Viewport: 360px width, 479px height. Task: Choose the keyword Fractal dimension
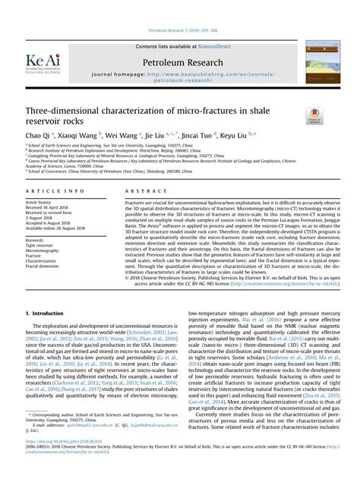pos(43,265)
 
